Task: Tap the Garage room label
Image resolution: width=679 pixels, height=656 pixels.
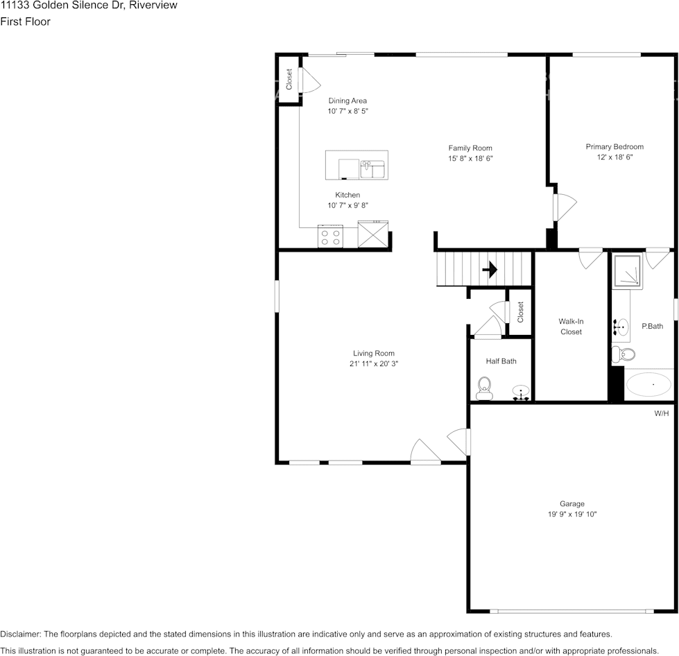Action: click(x=572, y=504)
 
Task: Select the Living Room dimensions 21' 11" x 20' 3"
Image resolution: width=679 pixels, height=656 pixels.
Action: click(x=375, y=363)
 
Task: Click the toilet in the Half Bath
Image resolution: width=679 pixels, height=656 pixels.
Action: click(x=484, y=388)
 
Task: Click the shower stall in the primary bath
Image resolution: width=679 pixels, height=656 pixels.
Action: click(x=627, y=270)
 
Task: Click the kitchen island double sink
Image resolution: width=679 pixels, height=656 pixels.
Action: click(x=372, y=169)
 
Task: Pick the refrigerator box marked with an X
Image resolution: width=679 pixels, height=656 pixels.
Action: click(x=372, y=234)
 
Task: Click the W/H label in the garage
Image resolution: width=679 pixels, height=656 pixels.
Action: click(x=662, y=413)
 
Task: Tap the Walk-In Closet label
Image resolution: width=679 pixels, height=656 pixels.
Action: click(x=571, y=327)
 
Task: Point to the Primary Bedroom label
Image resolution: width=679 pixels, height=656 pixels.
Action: click(x=614, y=146)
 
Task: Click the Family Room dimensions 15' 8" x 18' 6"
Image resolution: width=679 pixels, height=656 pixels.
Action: click(x=470, y=159)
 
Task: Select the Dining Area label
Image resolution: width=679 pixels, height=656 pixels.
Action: click(x=347, y=101)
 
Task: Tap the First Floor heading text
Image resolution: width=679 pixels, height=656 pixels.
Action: click(x=25, y=21)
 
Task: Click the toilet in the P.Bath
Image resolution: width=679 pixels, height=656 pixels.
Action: click(x=626, y=355)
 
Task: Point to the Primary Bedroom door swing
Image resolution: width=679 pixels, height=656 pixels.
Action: click(x=566, y=206)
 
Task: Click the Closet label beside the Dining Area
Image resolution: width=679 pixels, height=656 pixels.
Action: click(x=289, y=79)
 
